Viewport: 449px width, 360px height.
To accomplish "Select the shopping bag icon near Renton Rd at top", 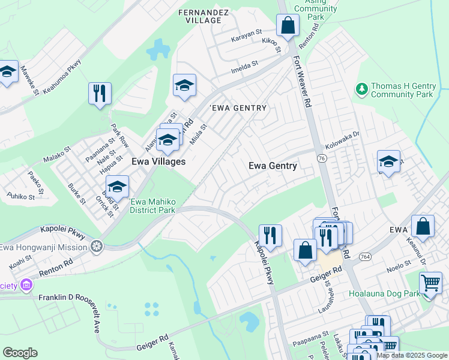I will tap(288, 26).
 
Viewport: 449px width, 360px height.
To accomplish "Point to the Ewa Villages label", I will tap(158, 162).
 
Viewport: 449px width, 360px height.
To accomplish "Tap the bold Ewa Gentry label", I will tap(273, 166).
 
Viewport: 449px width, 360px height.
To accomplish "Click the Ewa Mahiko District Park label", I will tap(152, 206).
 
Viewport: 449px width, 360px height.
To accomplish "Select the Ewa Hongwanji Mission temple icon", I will tap(96, 247).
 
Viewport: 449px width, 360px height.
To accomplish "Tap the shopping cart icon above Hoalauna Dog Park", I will tap(431, 283).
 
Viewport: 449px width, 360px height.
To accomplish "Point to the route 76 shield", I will tap(322, 158).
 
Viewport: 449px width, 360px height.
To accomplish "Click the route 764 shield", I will tap(364, 256).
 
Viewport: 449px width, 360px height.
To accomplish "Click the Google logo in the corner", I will tap(20, 353).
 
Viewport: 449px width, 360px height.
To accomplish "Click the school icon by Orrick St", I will tap(118, 187).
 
